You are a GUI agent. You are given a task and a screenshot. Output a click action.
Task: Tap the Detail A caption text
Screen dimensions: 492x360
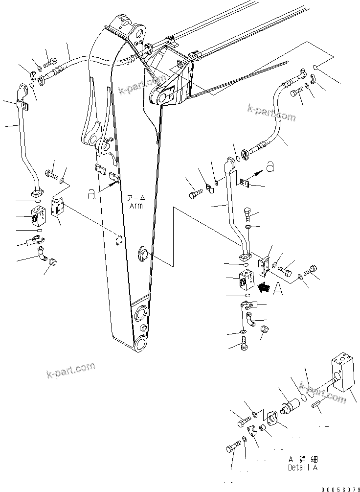302,468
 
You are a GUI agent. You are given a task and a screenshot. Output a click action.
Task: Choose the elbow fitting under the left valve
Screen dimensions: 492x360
43,254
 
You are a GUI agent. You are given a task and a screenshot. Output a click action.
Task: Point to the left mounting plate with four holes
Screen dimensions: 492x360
57,208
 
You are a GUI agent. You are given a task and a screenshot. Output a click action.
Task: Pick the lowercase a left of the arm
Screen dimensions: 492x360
90,194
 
